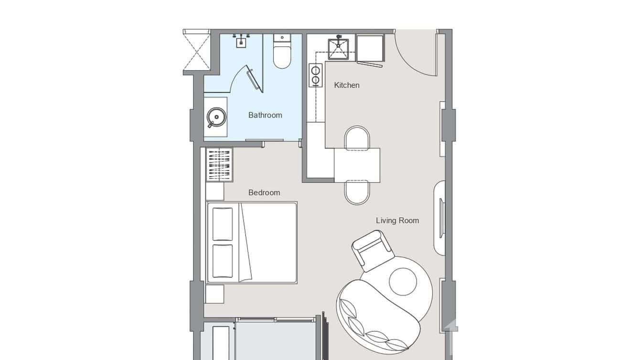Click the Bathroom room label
click(x=265, y=115)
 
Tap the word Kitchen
click(x=346, y=85)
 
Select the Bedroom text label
click(x=264, y=192)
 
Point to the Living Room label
click(x=397, y=220)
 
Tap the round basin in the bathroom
click(x=216, y=116)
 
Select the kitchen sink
click(x=338, y=49)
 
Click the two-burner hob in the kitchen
click(x=316, y=75)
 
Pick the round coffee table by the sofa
click(x=403, y=281)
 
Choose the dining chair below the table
click(x=357, y=192)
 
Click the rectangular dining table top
click(x=357, y=165)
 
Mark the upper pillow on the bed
click(x=223, y=224)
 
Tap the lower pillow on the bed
click(x=223, y=261)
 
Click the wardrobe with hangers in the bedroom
click(x=219, y=165)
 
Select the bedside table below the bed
click(x=214, y=294)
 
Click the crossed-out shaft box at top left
click(x=197, y=50)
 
